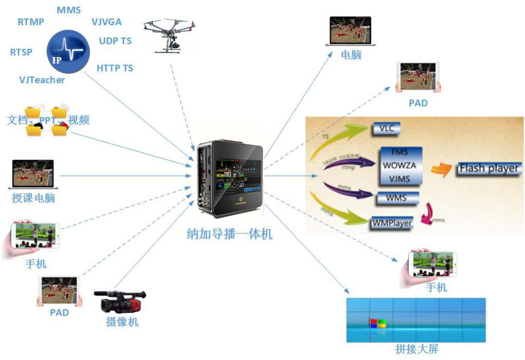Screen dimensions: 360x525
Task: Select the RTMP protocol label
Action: [31, 22]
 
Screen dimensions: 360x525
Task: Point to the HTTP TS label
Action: [115, 68]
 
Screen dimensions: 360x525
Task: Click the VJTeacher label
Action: [42, 80]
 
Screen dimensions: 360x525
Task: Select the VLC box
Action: [386, 129]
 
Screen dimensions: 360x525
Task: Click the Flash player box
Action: [489, 168]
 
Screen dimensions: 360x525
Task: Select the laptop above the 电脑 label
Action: [351, 31]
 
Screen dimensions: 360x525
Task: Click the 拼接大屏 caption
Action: [416, 349]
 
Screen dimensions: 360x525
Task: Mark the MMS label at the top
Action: [68, 10]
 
